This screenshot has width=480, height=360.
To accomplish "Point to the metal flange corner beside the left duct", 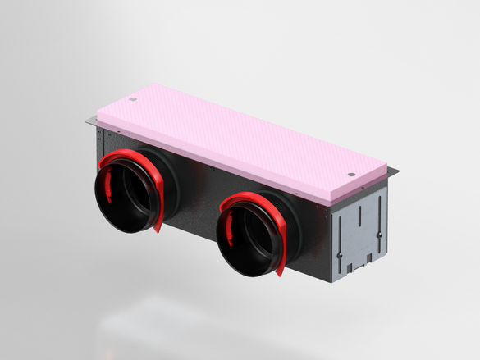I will coord(89,125).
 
